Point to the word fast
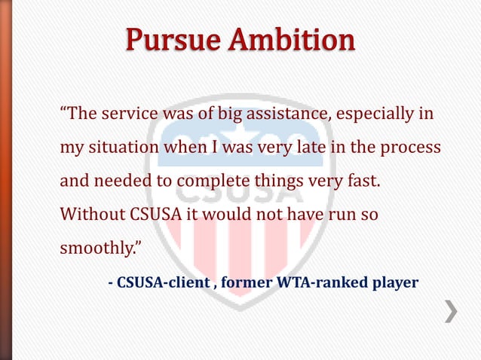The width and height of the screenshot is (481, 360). point(362,182)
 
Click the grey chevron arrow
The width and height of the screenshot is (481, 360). point(450,311)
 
